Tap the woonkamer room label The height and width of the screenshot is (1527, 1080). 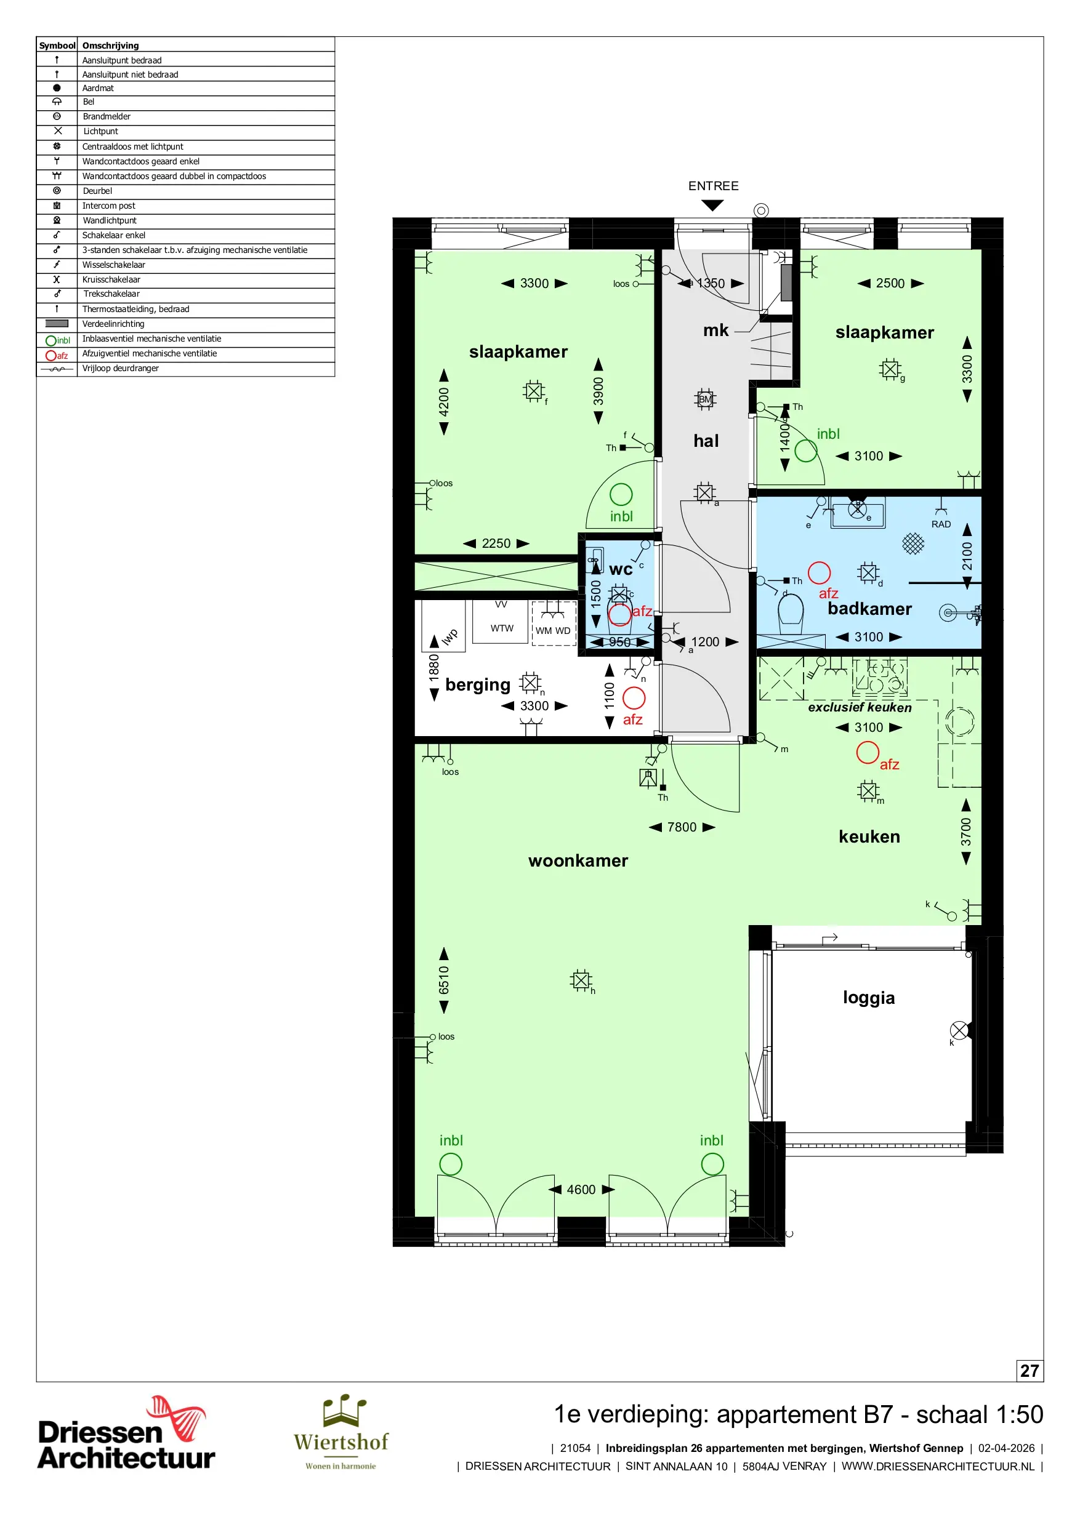(x=578, y=860)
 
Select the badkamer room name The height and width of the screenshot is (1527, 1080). (x=869, y=609)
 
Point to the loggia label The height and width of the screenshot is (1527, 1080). (x=868, y=998)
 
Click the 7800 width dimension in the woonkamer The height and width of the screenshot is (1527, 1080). (x=682, y=827)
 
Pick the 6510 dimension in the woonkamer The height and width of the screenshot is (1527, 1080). (x=444, y=980)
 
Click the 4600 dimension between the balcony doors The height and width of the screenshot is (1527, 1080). (x=581, y=1190)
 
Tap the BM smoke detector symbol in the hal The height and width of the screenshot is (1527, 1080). (x=704, y=399)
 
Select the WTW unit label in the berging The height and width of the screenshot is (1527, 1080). (x=502, y=628)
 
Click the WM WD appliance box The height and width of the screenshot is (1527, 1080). (x=554, y=623)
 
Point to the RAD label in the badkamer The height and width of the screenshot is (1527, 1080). (x=941, y=524)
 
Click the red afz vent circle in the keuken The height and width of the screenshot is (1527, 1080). (x=867, y=752)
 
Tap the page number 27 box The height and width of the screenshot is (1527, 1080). (x=1030, y=1371)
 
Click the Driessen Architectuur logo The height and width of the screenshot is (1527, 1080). (x=126, y=1434)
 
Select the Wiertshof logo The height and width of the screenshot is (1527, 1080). (x=341, y=1433)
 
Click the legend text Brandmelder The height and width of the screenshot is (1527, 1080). (x=107, y=116)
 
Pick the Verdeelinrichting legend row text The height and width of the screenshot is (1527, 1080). (x=113, y=324)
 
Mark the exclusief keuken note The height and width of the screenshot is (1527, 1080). (x=860, y=708)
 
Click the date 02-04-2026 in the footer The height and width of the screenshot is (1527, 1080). (x=1006, y=1448)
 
